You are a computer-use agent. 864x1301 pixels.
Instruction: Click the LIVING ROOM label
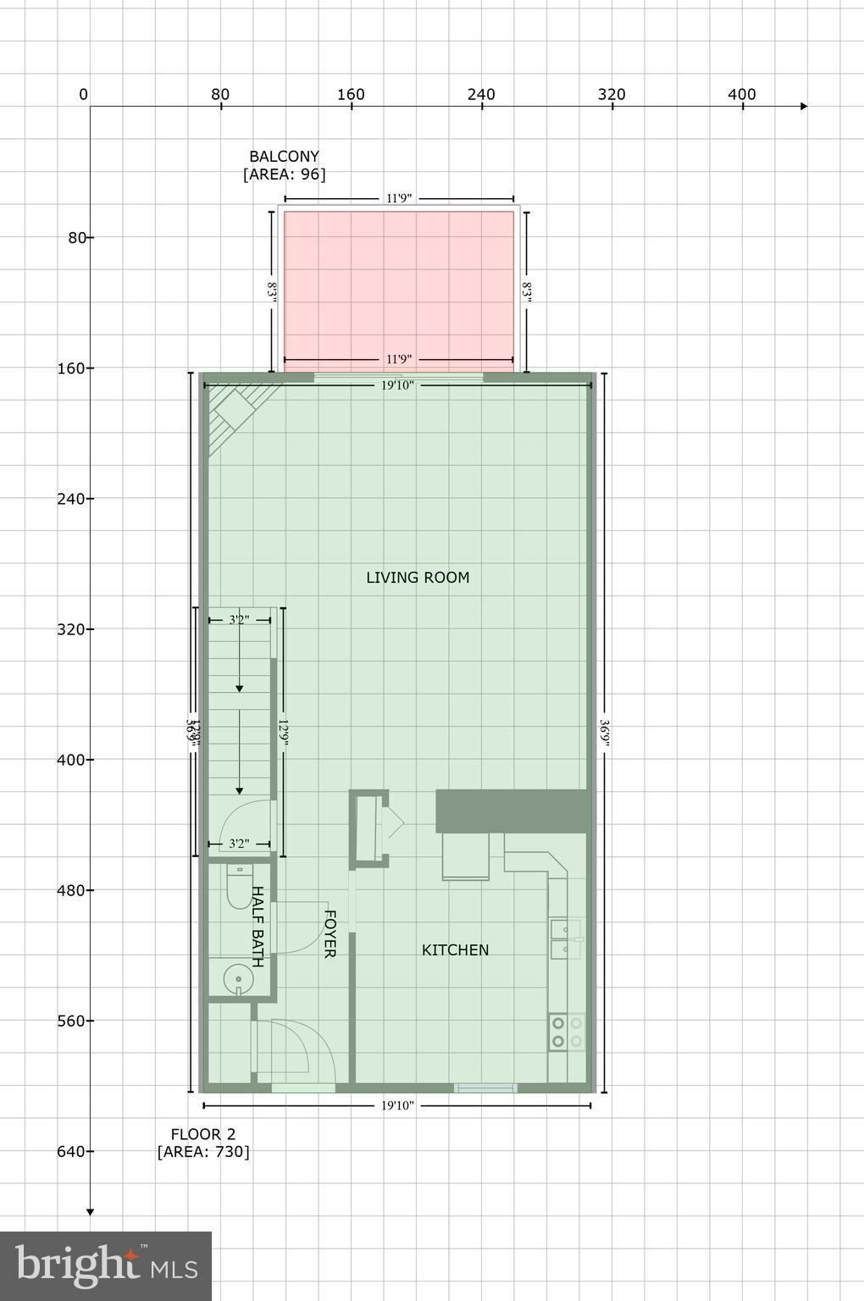(418, 578)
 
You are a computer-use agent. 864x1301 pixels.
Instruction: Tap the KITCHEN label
(455, 950)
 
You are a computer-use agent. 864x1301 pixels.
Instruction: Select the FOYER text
(330, 933)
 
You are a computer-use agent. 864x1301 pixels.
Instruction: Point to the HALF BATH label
(258, 927)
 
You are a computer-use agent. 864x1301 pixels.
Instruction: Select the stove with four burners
(567, 1032)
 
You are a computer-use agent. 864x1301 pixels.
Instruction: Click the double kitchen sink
(565, 939)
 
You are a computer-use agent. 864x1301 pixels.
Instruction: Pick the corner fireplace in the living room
(233, 412)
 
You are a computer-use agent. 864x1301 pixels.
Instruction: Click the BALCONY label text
(284, 157)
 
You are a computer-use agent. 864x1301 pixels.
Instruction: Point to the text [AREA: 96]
(284, 175)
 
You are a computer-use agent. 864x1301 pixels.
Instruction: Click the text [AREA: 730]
(203, 1152)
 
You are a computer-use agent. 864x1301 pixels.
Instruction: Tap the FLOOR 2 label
(203, 1134)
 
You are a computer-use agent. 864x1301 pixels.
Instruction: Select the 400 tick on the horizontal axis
(742, 95)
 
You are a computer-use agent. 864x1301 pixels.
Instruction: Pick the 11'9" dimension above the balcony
(399, 198)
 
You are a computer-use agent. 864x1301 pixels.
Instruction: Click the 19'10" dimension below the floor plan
(397, 1105)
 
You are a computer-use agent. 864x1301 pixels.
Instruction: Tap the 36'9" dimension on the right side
(604, 731)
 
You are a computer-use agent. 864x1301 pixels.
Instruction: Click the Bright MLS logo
(106, 1265)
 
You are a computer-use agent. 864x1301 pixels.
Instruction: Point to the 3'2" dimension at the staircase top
(239, 620)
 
